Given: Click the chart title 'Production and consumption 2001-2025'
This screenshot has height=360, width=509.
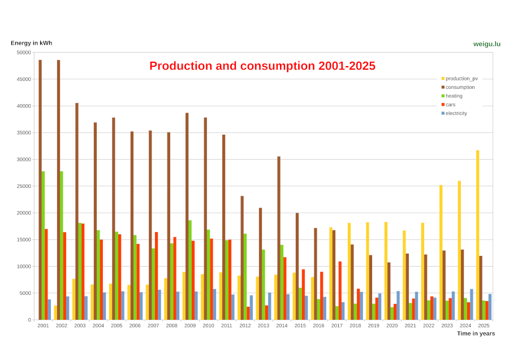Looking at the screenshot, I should click(262, 66).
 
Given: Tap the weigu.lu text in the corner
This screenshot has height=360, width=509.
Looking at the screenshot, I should click(486, 44).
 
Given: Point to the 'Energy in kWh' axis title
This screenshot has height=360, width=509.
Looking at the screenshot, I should click(31, 43).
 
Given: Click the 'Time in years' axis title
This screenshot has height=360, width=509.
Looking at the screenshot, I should click(476, 333).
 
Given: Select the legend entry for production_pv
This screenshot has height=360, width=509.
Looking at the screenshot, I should click(461, 79).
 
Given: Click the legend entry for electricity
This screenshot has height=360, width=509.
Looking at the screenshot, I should click(456, 113).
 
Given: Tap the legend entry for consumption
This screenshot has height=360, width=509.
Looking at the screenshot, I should click(460, 87).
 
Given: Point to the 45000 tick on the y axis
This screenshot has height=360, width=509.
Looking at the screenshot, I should click(24, 79).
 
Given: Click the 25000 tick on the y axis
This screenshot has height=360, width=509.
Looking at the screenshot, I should click(24, 186).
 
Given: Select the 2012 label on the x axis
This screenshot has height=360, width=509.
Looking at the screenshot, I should click(245, 325).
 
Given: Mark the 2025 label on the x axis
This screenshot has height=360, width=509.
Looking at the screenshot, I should click(484, 325).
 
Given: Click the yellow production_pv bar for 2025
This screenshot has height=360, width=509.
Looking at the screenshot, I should click(477, 235).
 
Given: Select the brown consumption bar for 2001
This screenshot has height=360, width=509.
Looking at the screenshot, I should click(40, 190).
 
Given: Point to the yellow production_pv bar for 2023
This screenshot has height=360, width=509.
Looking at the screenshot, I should click(441, 252).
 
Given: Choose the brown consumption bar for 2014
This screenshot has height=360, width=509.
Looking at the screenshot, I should click(279, 238).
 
